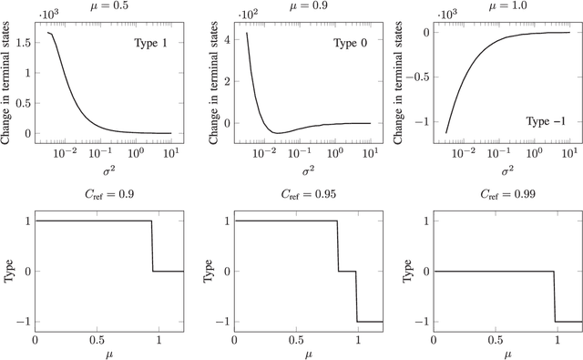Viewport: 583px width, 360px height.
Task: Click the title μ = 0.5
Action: pyautogui.click(x=108, y=5)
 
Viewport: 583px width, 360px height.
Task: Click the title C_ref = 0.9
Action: pyautogui.click(x=108, y=193)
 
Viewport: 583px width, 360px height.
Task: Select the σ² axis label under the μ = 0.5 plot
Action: pyautogui.click(x=108, y=169)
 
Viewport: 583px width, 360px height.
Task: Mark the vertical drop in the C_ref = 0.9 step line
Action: pyautogui.click(x=152, y=246)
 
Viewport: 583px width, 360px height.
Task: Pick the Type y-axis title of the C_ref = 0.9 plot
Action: pyautogui.click(x=9, y=271)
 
